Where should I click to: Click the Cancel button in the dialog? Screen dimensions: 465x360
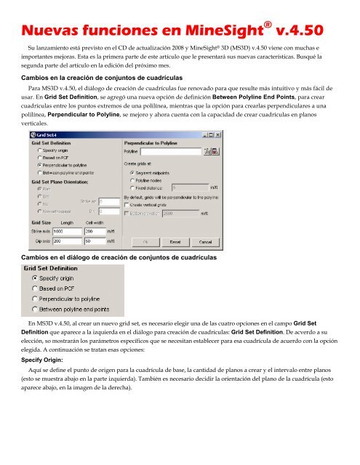204,241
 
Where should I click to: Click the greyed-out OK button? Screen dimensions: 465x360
145,241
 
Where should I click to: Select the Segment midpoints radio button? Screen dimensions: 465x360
132,172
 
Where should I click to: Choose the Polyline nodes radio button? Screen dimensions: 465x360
132,181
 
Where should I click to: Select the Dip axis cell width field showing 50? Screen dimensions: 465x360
95,240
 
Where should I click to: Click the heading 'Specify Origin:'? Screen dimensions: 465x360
41,359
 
